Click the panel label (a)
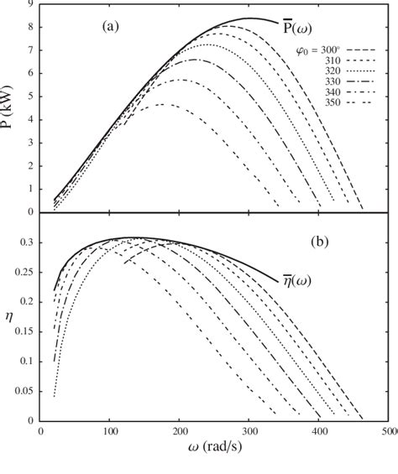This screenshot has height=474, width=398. click(111, 27)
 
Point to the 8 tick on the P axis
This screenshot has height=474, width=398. click(31, 28)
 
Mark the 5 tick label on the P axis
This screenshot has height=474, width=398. click(31, 96)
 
